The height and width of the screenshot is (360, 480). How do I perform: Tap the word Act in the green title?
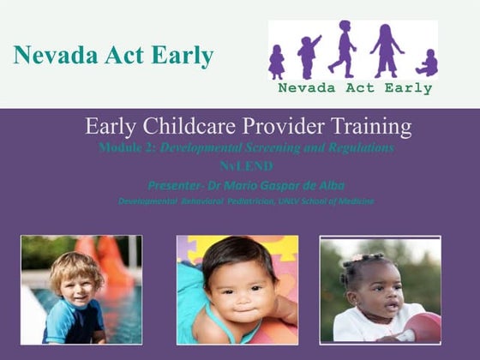(123, 56)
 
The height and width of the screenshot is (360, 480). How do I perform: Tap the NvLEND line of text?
(240, 165)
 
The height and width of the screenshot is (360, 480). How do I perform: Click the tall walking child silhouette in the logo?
(343, 49)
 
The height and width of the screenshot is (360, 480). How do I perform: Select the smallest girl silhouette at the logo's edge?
(277, 63)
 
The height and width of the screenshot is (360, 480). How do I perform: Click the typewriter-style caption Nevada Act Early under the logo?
(353, 87)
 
